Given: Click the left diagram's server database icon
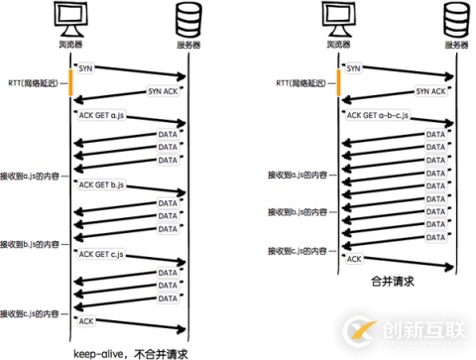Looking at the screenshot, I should point(186,20).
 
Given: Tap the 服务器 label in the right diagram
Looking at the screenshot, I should point(456,45).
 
